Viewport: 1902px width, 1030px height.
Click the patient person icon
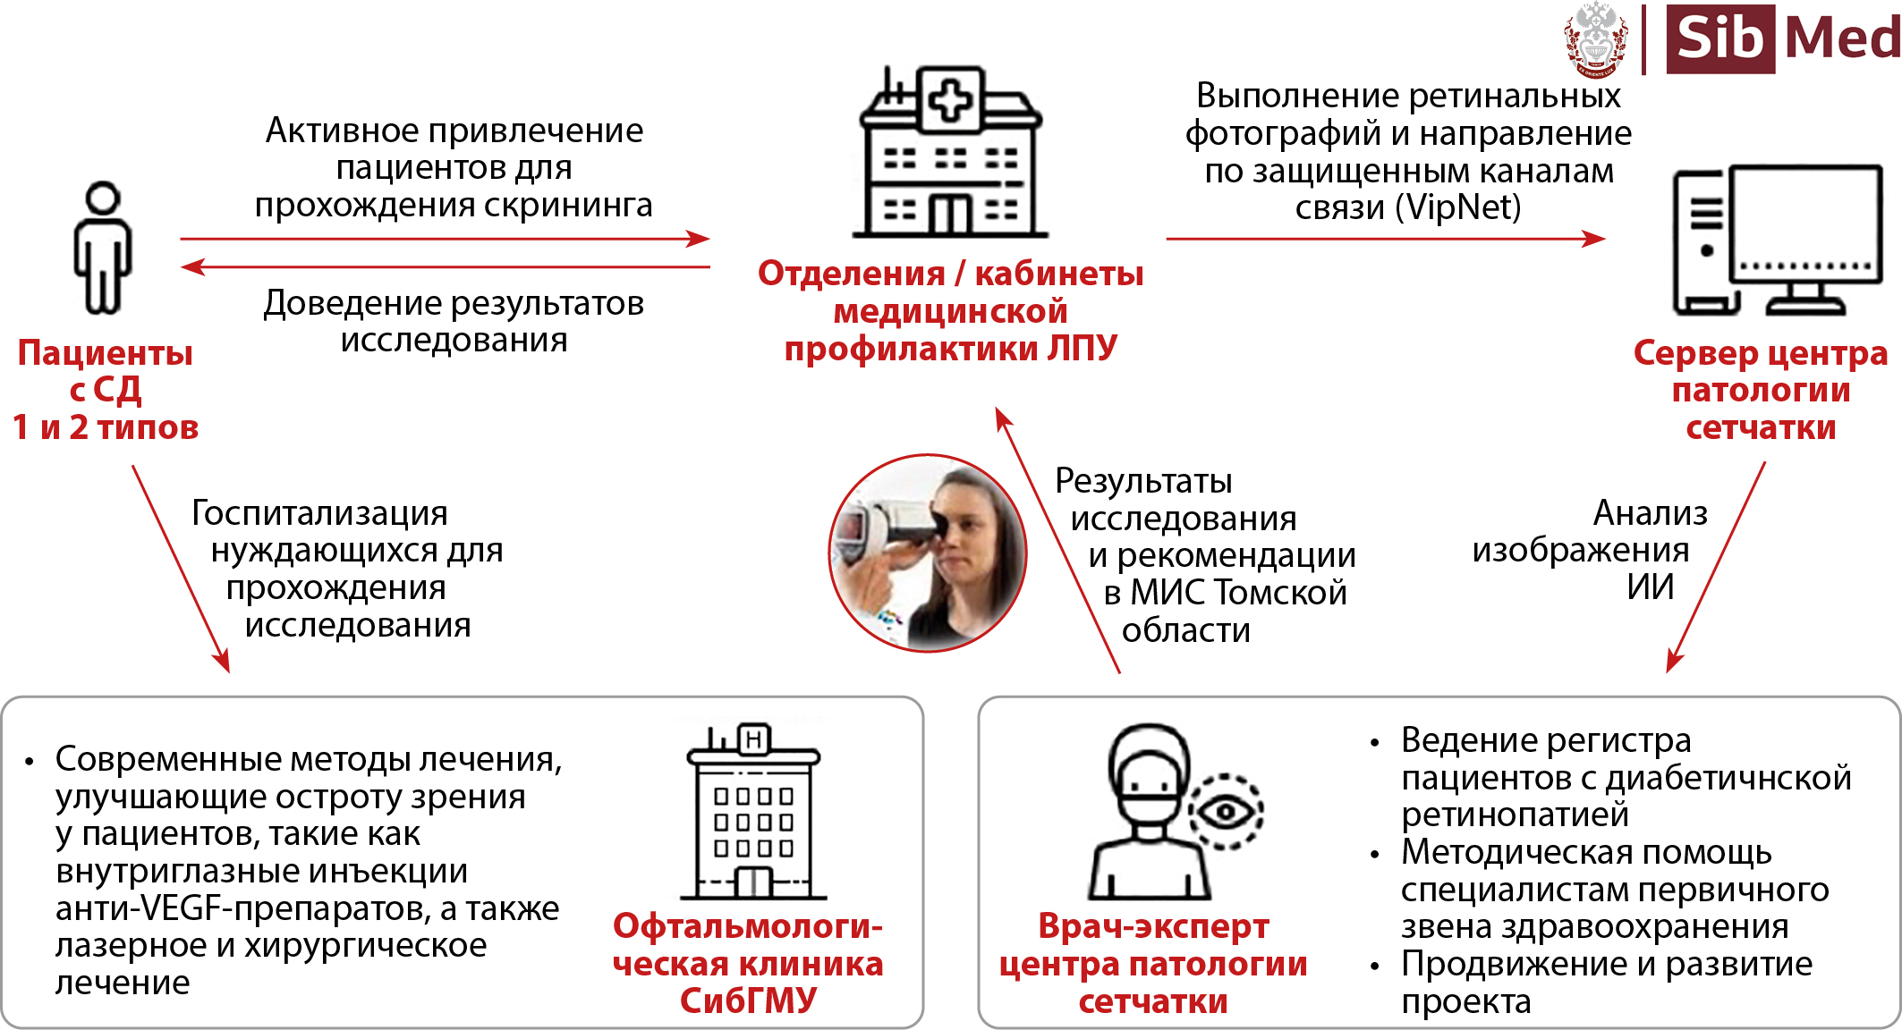[x=103, y=248]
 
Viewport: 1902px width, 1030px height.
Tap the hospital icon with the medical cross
[x=950, y=152]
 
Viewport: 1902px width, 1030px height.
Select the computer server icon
[x=1777, y=240]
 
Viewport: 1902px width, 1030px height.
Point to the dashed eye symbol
[x=1226, y=812]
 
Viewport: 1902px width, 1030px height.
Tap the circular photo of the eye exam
[x=928, y=553]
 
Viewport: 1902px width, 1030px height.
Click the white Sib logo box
[x=1719, y=39]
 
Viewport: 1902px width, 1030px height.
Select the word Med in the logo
[x=1841, y=39]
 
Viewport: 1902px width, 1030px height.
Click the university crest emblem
[x=1596, y=40]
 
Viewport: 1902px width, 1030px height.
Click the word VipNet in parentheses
[x=1458, y=207]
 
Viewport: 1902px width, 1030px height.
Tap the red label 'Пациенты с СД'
[x=106, y=390]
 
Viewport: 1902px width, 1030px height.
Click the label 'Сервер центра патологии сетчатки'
[x=1761, y=390]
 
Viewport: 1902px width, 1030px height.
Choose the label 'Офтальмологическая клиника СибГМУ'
[x=748, y=963]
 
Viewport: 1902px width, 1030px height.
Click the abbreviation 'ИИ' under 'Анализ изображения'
[x=1650, y=587]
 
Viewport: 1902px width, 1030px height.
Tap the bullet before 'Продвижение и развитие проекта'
[x=1375, y=967]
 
